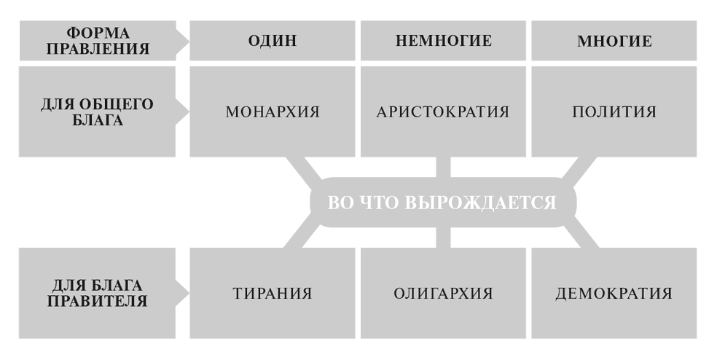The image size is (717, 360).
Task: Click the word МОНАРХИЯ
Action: pyautogui.click(x=273, y=112)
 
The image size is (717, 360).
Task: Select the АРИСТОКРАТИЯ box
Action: pyautogui.click(x=443, y=111)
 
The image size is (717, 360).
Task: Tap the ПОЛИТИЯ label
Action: pyautogui.click(x=614, y=112)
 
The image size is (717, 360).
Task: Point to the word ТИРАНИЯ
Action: pyautogui.click(x=273, y=293)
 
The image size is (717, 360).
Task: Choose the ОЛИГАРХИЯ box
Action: pyautogui.click(x=443, y=293)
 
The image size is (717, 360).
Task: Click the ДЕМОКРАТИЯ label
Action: pyautogui.click(x=614, y=293)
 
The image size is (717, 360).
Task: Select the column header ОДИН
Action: pyautogui.click(x=273, y=41)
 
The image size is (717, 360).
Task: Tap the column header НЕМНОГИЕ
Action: pyautogui.click(x=443, y=41)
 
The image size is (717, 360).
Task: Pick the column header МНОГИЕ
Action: pyautogui.click(x=614, y=41)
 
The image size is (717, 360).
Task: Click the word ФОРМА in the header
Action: pyautogui.click(x=98, y=33)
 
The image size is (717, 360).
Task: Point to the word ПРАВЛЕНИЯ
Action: pyautogui.click(x=98, y=49)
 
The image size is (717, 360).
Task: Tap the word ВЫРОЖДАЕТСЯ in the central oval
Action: pyautogui.click(x=481, y=203)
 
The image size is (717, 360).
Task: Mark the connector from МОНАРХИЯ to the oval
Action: pyautogui.click(x=304, y=168)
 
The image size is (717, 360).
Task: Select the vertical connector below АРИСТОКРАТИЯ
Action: pyautogui.click(x=443, y=167)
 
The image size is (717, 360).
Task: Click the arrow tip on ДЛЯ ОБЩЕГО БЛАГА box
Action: pyautogui.click(x=188, y=111)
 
